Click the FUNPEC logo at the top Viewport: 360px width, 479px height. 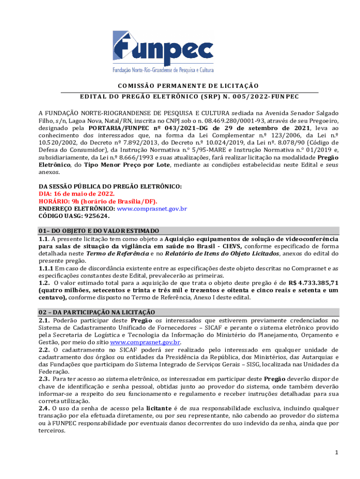point(163,51)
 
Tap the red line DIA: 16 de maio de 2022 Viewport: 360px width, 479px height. point(76,194)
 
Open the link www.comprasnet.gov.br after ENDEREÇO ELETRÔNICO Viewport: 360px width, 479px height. point(152,209)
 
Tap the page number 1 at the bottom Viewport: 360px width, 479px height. point(336,452)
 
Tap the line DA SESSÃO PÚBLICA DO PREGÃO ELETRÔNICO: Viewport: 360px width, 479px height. point(110,186)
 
